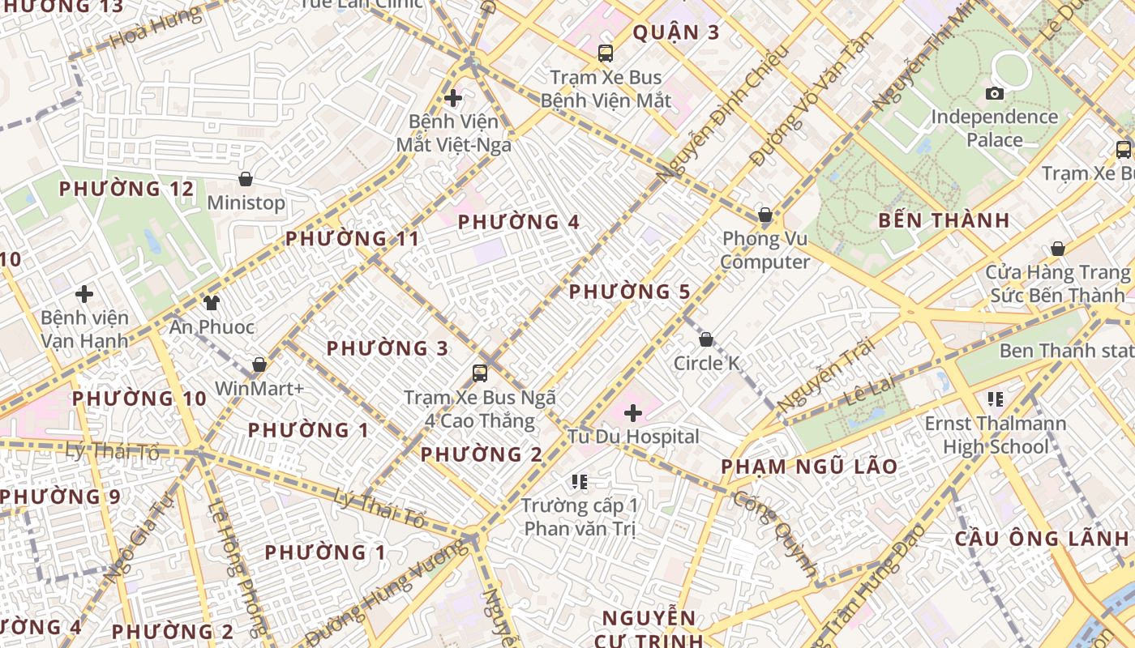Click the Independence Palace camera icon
[995, 94]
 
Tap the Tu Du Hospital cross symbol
[633, 414]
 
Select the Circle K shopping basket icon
[706, 340]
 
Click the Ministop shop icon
[246, 179]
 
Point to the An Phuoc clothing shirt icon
[212, 303]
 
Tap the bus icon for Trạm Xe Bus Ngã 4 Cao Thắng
[480, 373]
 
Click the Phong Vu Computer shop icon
[765, 215]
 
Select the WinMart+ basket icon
[259, 365]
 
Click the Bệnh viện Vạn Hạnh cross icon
[84, 294]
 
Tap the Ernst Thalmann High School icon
[995, 399]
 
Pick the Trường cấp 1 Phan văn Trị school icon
[579, 483]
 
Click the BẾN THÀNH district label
[944, 220]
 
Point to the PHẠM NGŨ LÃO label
[809, 467]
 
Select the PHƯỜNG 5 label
[629, 292]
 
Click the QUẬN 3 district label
[675, 32]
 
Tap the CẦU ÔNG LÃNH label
[1041, 539]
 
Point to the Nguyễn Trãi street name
[825, 374]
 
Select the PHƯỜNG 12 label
[126, 190]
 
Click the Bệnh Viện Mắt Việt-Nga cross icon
[453, 99]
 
